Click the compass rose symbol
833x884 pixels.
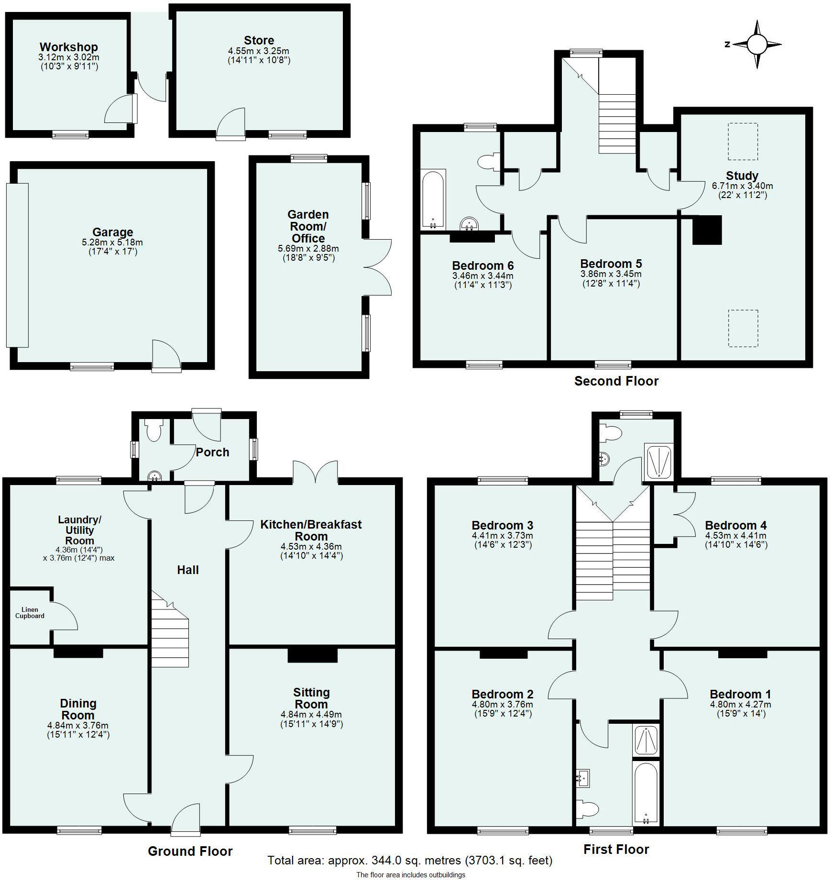pyautogui.click(x=756, y=44)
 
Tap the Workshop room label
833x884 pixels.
pyautogui.click(x=69, y=47)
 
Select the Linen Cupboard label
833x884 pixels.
pyautogui.click(x=30, y=613)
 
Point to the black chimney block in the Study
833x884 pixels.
pyautogui.click(x=707, y=230)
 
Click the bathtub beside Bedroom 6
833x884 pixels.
pyautogui.click(x=434, y=199)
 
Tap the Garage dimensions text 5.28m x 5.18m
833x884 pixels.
pyautogui.click(x=112, y=243)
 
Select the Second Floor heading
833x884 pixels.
pyautogui.click(x=616, y=381)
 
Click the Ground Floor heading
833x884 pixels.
pyautogui.click(x=190, y=851)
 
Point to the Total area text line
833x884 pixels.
pyautogui.click(x=410, y=861)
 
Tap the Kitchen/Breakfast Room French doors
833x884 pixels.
pyautogui.click(x=316, y=473)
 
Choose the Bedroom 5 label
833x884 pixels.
pyautogui.click(x=611, y=264)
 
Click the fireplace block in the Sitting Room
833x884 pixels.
pyautogui.click(x=312, y=655)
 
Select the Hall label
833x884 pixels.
pyautogui.click(x=187, y=570)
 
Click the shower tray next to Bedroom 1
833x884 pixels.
pyautogui.click(x=645, y=740)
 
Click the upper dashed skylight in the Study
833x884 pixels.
pyautogui.click(x=743, y=141)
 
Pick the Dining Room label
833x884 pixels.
pyautogui.click(x=78, y=709)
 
